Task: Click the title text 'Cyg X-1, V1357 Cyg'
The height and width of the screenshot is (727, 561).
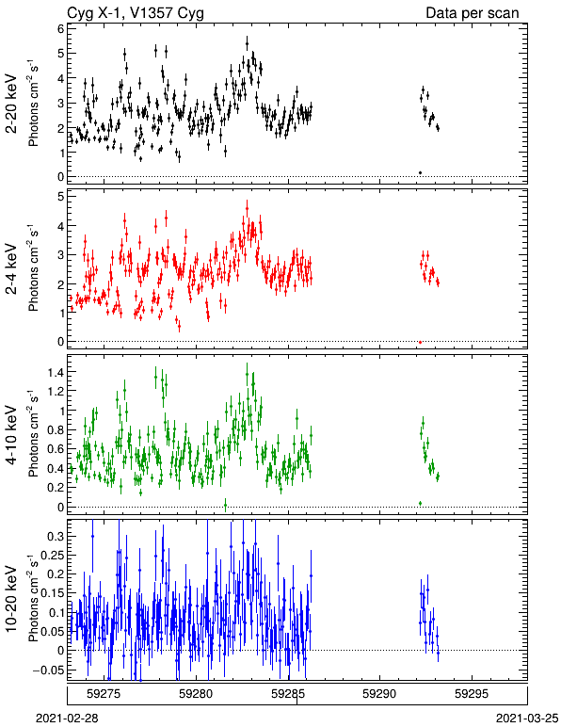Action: pos(136,13)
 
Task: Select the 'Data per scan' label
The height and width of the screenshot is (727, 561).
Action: pos(473,13)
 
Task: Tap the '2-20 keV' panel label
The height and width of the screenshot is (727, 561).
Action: pos(11,104)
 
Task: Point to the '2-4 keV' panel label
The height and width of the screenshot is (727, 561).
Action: pos(11,269)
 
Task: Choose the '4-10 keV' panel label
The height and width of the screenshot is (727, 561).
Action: pos(11,435)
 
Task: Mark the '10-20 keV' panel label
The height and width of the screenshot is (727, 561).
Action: pos(11,599)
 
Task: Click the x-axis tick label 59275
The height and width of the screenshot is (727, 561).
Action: pos(104,694)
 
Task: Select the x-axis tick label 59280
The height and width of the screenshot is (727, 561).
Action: pos(196,694)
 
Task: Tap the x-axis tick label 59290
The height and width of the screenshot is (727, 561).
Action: pos(380,694)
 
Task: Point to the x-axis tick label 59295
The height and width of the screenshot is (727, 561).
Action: pos(472,694)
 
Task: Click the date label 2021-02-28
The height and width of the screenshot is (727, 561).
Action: pos(67,719)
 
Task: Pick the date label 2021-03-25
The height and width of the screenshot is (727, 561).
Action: pos(527,719)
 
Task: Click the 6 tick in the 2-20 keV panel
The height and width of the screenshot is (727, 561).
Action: pos(60,28)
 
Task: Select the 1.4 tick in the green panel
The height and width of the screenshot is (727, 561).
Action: pos(56,372)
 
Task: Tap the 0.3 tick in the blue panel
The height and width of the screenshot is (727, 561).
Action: pos(56,536)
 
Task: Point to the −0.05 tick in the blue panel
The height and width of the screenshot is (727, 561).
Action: pos(49,670)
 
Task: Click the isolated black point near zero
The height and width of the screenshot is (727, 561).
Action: pos(420,173)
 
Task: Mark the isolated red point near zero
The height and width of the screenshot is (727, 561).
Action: pos(420,342)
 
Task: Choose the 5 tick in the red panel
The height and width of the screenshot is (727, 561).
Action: pos(60,197)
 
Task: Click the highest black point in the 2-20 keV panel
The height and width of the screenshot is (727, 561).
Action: pos(247,44)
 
